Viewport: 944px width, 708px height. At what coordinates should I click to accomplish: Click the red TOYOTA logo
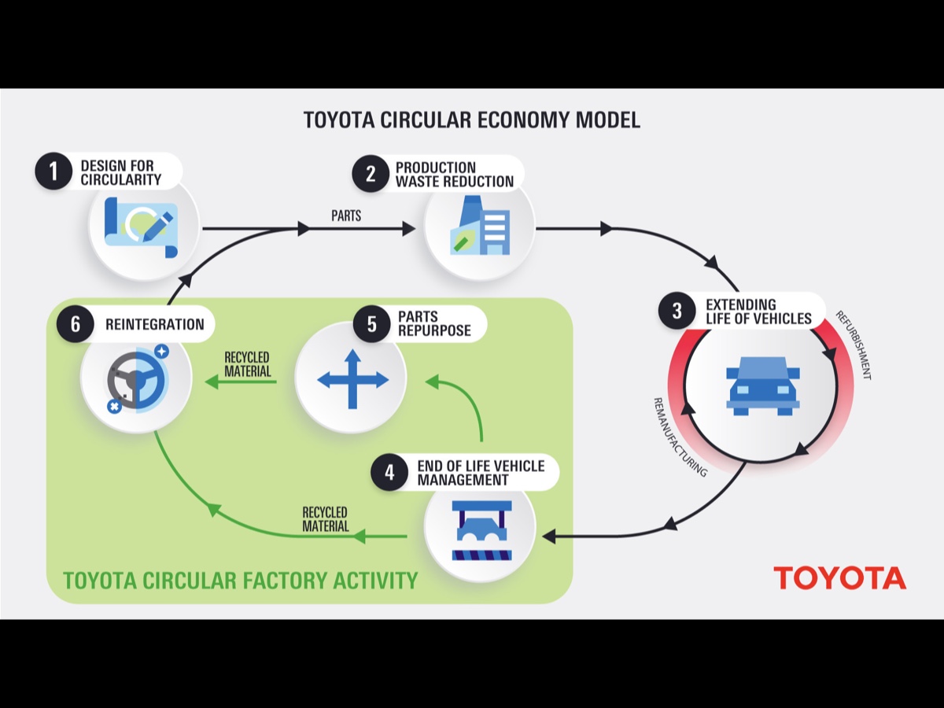click(839, 577)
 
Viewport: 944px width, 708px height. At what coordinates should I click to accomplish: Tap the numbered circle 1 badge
click(53, 172)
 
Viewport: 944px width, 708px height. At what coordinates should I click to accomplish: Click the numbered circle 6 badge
click(76, 324)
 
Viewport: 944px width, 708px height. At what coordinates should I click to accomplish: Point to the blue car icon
click(762, 385)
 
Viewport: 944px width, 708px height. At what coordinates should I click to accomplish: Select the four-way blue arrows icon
click(352, 379)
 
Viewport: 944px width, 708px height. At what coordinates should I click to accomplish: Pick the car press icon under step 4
click(481, 529)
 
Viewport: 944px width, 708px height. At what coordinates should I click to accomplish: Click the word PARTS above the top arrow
click(346, 216)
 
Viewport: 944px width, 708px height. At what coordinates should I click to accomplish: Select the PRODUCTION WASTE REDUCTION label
click(454, 175)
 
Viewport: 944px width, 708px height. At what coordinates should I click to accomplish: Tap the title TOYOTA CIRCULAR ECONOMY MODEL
click(471, 120)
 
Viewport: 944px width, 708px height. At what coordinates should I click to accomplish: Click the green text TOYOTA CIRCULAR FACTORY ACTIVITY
click(240, 581)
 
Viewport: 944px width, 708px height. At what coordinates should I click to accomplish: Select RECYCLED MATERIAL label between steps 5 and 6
click(247, 363)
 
